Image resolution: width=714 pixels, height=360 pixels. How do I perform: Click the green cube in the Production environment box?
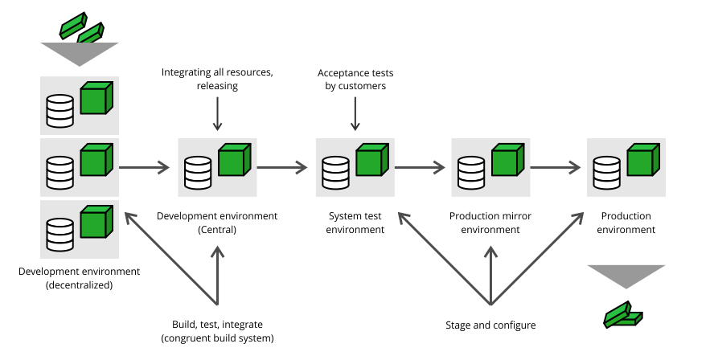point(642,161)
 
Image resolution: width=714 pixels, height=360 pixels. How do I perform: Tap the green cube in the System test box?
point(371,161)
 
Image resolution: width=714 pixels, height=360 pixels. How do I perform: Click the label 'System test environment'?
point(356,223)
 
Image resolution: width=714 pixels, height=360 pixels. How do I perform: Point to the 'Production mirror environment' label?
point(490,223)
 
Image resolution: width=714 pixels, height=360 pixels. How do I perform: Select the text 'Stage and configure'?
point(490,325)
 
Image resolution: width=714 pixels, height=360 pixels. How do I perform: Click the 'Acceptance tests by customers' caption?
point(355,79)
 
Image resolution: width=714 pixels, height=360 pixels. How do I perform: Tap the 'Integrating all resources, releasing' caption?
point(217,79)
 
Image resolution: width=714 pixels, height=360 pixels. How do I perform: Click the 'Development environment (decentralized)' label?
point(79,278)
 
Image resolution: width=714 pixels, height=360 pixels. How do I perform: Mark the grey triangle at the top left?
point(79,54)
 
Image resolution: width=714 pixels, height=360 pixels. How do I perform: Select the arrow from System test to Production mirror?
point(420,168)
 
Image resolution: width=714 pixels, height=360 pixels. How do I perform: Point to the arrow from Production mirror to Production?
point(556,168)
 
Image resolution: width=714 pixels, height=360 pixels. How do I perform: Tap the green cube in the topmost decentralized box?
point(96,99)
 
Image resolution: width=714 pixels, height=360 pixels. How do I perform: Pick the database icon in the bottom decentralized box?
point(60,234)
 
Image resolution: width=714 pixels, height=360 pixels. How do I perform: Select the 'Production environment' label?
point(626,223)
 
